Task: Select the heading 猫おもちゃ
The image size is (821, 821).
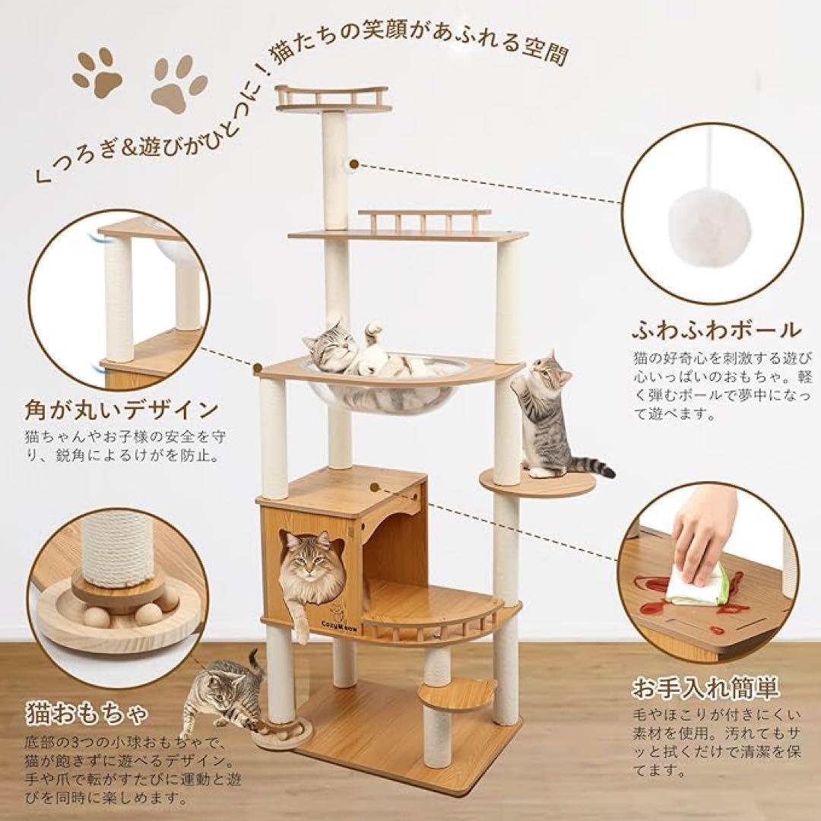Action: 85,715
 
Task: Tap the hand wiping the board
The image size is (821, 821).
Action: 703,528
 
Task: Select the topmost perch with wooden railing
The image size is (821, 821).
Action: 332,100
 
